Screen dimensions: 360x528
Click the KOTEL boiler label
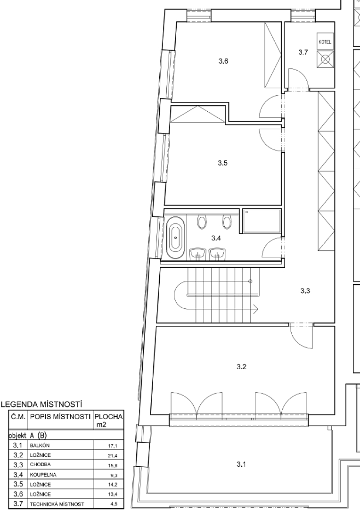325,42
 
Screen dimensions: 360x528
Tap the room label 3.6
223,61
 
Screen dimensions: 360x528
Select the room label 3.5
223,163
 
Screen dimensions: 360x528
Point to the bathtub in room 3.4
175,238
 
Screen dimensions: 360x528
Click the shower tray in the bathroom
262,221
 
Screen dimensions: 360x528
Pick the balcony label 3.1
241,464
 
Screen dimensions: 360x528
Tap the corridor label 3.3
305,290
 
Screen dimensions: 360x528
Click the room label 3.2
242,367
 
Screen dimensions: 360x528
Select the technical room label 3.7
303,52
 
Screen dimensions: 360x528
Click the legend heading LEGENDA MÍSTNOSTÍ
42,404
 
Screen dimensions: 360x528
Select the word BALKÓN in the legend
40,445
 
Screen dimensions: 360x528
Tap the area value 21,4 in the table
113,456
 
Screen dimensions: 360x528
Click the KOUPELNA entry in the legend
43,475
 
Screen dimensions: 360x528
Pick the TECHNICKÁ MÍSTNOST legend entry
57,504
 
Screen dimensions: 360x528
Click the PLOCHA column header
109,417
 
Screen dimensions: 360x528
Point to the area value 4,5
114,504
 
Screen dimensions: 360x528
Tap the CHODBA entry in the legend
41,465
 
